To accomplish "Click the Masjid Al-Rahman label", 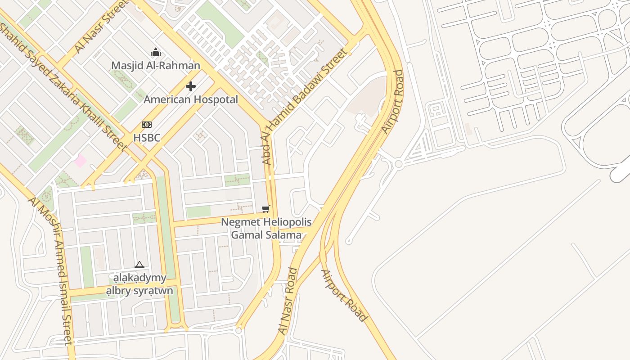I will (x=156, y=66).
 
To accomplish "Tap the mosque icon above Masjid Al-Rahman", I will (x=156, y=52).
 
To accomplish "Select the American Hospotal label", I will (x=191, y=99).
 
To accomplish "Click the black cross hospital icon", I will (x=191, y=86).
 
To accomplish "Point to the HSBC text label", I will (x=147, y=138).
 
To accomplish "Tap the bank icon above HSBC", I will (x=147, y=125).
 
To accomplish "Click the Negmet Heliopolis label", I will (x=266, y=222).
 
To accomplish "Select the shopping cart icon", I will (x=266, y=209).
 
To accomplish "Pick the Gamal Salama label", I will (x=266, y=235).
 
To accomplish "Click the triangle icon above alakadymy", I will (x=139, y=265).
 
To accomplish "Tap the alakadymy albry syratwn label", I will (x=139, y=284).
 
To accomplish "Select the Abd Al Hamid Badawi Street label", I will (x=305, y=106).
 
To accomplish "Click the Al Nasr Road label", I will (x=288, y=301).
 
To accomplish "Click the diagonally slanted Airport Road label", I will (x=344, y=296).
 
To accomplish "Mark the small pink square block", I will (x=81, y=160).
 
